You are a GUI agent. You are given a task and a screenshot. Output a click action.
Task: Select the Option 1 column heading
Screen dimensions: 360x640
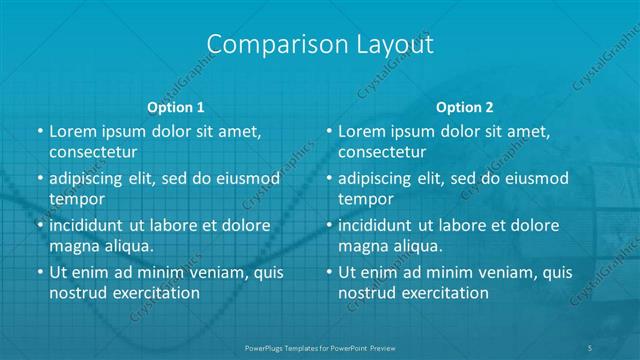point(176,107)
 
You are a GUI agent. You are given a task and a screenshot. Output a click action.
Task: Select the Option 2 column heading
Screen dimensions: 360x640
point(465,107)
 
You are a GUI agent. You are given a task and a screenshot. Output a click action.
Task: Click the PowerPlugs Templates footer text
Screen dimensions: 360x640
point(319,348)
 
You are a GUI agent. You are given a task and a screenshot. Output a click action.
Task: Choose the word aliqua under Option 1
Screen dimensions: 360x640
point(129,245)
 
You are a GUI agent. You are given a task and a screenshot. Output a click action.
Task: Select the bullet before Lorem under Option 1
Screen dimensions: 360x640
point(39,132)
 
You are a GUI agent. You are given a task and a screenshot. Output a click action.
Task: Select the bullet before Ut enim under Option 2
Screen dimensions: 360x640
point(329,272)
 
